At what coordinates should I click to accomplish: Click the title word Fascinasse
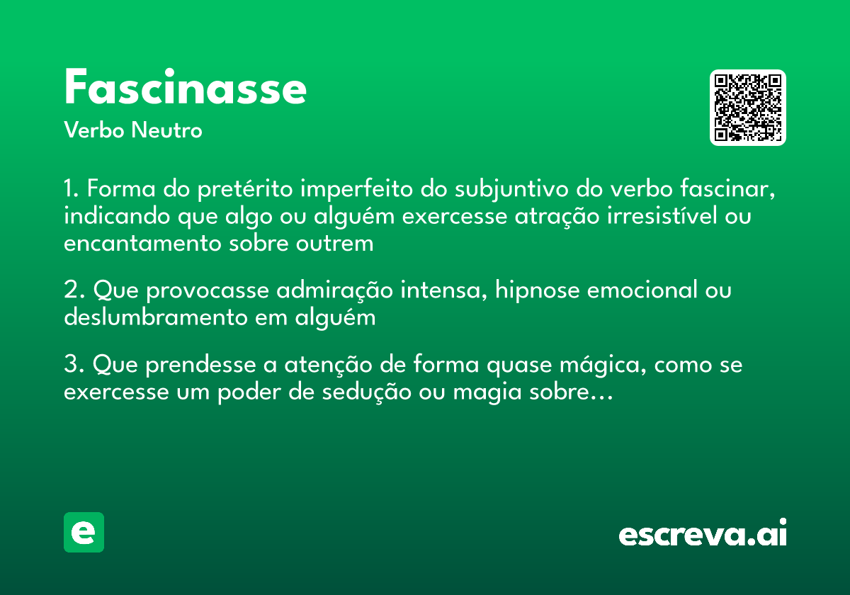[x=185, y=88]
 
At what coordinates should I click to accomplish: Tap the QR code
[x=748, y=108]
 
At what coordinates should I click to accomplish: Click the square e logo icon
[x=84, y=532]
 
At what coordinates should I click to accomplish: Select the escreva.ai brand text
[x=703, y=533]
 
